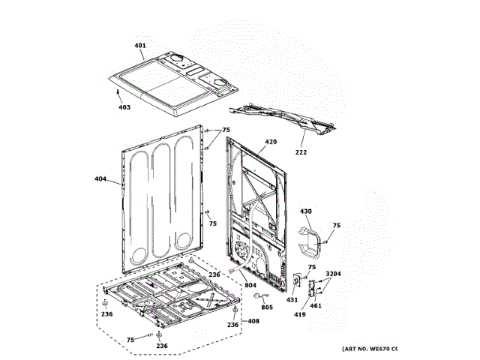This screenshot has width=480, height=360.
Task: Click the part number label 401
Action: click(x=140, y=46)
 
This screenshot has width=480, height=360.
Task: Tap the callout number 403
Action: click(x=124, y=107)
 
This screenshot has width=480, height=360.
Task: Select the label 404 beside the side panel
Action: click(x=100, y=179)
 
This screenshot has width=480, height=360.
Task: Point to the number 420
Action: click(x=271, y=142)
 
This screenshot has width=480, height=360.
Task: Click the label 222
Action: click(x=301, y=152)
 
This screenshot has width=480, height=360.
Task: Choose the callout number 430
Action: click(x=306, y=212)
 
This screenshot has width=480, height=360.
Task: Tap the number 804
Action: click(x=250, y=285)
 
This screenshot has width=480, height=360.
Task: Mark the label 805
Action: click(x=267, y=306)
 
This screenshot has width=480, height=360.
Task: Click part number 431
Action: click(x=292, y=300)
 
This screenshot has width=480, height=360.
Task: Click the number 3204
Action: click(x=333, y=274)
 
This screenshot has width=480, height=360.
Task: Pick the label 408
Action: click(x=253, y=322)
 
